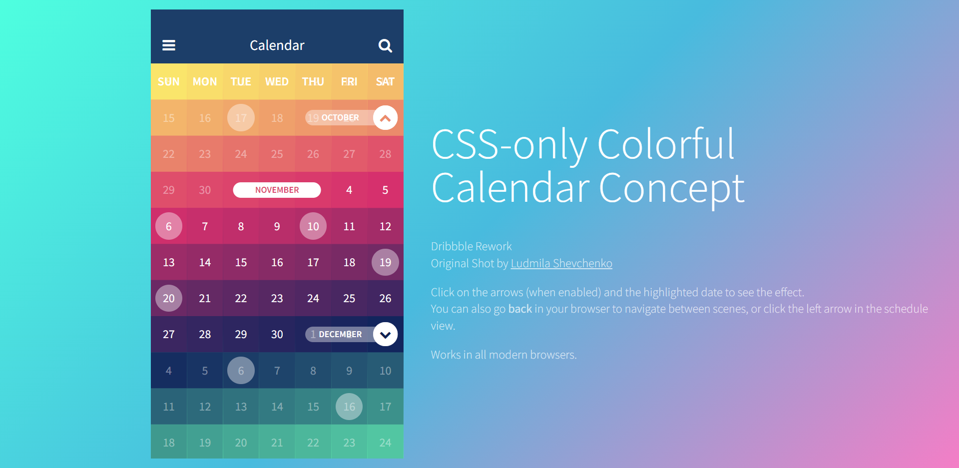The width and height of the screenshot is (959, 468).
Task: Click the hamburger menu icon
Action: pyautogui.click(x=169, y=45)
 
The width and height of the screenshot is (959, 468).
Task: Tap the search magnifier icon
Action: pyautogui.click(x=385, y=46)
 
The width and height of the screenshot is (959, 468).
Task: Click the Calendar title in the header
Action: pyautogui.click(x=277, y=45)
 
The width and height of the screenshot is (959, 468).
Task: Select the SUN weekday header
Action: pyautogui.click(x=169, y=81)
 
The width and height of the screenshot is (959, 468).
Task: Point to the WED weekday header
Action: pyautogui.click(x=277, y=81)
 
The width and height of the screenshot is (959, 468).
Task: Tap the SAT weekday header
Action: pyautogui.click(x=385, y=81)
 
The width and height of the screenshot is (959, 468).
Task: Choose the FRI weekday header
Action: pyautogui.click(x=349, y=81)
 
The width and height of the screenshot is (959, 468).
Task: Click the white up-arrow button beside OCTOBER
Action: pyautogui.click(x=385, y=118)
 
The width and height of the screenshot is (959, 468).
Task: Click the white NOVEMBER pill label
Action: pyautogui.click(x=277, y=190)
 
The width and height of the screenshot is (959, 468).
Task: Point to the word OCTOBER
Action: pyautogui.click(x=340, y=118)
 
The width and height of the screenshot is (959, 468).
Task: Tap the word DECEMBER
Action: pyautogui.click(x=340, y=334)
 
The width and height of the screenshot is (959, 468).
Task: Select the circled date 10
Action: pyautogui.click(x=313, y=226)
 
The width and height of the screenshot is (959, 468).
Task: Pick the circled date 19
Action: pyautogui.click(x=385, y=262)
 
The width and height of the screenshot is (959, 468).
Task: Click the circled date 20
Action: pyautogui.click(x=169, y=298)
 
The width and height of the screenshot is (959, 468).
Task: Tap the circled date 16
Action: pyautogui.click(x=349, y=407)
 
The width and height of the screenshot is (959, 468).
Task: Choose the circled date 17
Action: pyautogui.click(x=241, y=118)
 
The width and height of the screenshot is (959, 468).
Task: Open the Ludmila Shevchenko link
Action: pyautogui.click(x=561, y=263)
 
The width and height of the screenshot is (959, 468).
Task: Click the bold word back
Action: pyautogui.click(x=520, y=309)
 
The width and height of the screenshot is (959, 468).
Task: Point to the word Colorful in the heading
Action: pyautogui.click(x=666, y=144)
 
